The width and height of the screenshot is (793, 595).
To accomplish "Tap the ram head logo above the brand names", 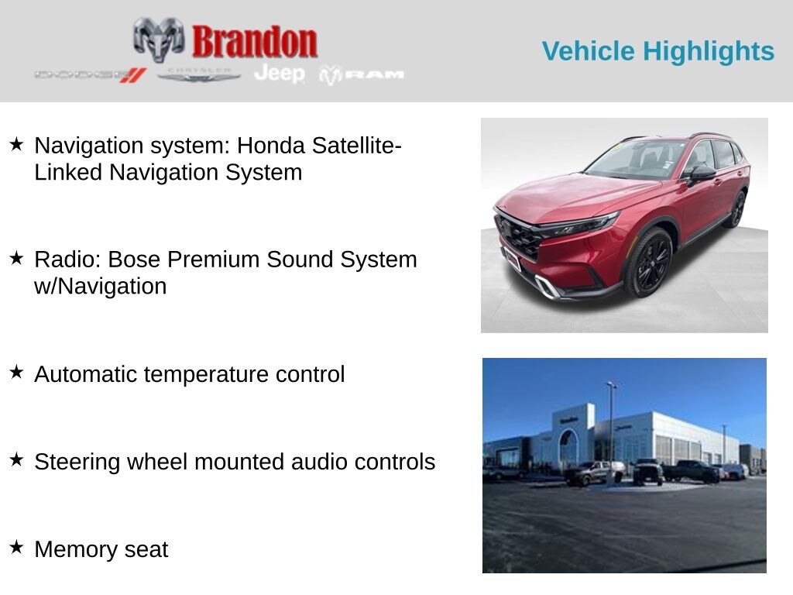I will coord(158,39).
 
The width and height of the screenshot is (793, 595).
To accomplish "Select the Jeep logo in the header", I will coord(280,74).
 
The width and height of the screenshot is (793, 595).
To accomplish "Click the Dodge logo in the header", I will coord(90,75).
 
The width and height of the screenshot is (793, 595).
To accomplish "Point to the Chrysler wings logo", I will coord(199,75).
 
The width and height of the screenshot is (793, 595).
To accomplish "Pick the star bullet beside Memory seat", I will coord(16,548).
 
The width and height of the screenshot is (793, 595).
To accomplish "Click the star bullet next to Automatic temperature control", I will coord(16,373).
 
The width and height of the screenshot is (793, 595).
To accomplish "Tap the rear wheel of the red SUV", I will coord(737,209).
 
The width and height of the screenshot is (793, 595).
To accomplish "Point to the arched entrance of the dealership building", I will coord(569,447).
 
